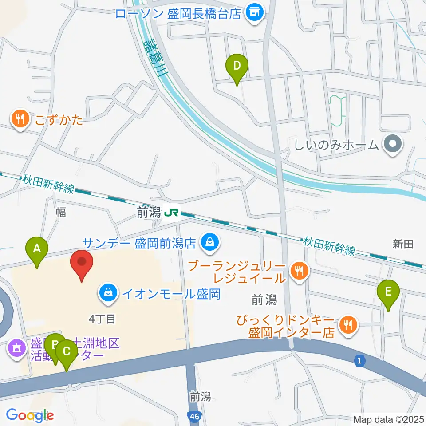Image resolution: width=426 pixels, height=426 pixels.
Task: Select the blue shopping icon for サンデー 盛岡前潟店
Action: pyautogui.click(x=208, y=242)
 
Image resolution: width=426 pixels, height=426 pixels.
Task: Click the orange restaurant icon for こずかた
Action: pyautogui.click(x=20, y=119)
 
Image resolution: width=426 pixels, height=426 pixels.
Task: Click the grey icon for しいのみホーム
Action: pyautogui.click(x=392, y=144)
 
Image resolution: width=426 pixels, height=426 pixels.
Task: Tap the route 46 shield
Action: pyautogui.click(x=193, y=417)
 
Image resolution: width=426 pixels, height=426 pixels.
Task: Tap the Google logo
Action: pyautogui.click(x=30, y=416)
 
